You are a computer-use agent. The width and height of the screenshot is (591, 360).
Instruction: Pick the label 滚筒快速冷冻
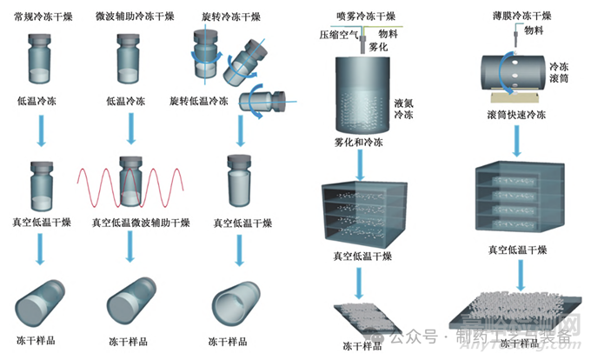coord(517,114)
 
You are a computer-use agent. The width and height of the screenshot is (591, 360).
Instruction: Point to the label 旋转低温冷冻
coord(199,101)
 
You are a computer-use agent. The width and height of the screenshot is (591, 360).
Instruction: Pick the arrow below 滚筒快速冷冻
coord(519,139)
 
